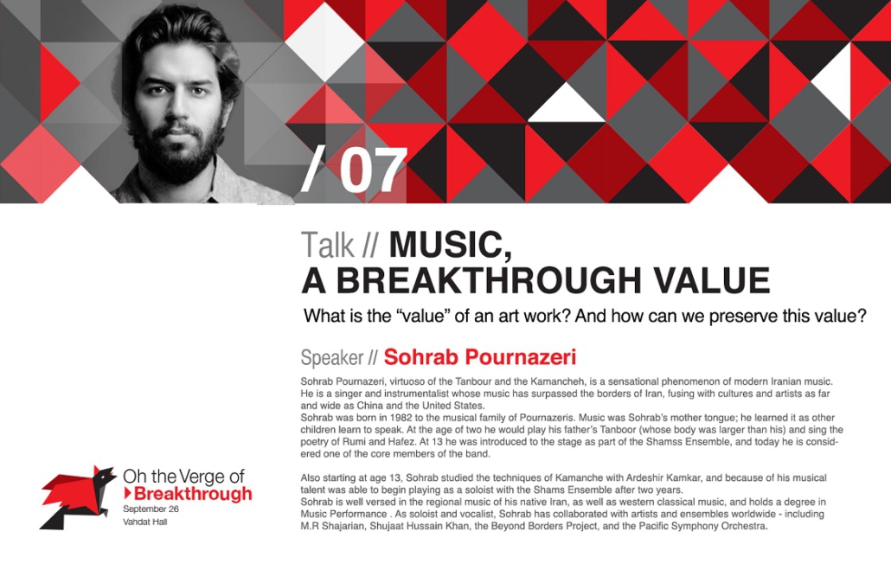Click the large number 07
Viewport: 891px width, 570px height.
[374, 170]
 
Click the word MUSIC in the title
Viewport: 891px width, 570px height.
[450, 246]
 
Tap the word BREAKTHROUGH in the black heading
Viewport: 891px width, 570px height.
[488, 281]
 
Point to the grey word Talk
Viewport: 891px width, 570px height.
[327, 245]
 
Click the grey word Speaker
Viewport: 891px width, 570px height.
[332, 357]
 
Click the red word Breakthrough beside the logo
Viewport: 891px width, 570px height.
[193, 493]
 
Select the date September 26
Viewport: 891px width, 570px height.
[151, 509]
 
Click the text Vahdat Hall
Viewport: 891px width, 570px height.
[145, 522]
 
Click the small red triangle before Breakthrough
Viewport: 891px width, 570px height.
[128, 493]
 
